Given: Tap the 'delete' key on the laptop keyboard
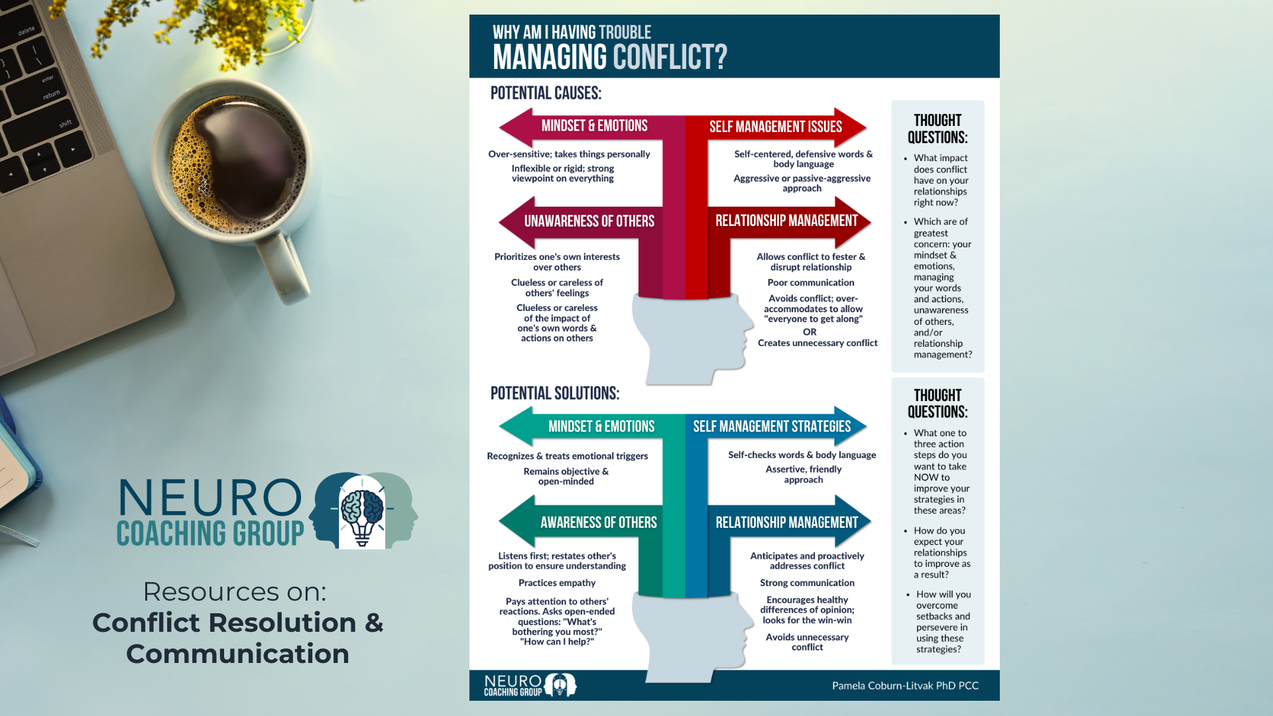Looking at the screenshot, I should click(x=27, y=30).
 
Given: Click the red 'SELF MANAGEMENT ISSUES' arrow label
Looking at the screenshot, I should click(x=775, y=127).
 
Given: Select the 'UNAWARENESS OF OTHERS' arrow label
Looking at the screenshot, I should click(x=589, y=221).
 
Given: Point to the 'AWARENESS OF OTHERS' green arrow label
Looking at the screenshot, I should click(x=598, y=522).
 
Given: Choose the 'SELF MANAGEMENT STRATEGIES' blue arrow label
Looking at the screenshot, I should click(x=772, y=426).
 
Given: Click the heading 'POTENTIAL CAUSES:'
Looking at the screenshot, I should click(x=546, y=93).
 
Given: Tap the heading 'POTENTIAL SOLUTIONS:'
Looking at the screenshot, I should click(x=554, y=394).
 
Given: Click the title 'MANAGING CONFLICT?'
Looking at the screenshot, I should click(x=609, y=57).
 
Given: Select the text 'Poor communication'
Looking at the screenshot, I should click(x=810, y=282).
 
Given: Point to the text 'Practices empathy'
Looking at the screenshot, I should click(x=557, y=583).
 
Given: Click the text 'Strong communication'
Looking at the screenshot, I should click(x=807, y=583).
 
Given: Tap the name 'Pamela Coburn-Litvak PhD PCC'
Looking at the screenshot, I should click(x=905, y=686).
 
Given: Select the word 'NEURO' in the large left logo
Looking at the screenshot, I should click(x=210, y=498).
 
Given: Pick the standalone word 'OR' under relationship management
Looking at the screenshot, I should click(x=810, y=331).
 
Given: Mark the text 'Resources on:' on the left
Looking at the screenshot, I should click(x=235, y=591).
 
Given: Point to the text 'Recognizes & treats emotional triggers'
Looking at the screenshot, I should click(x=567, y=456).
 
